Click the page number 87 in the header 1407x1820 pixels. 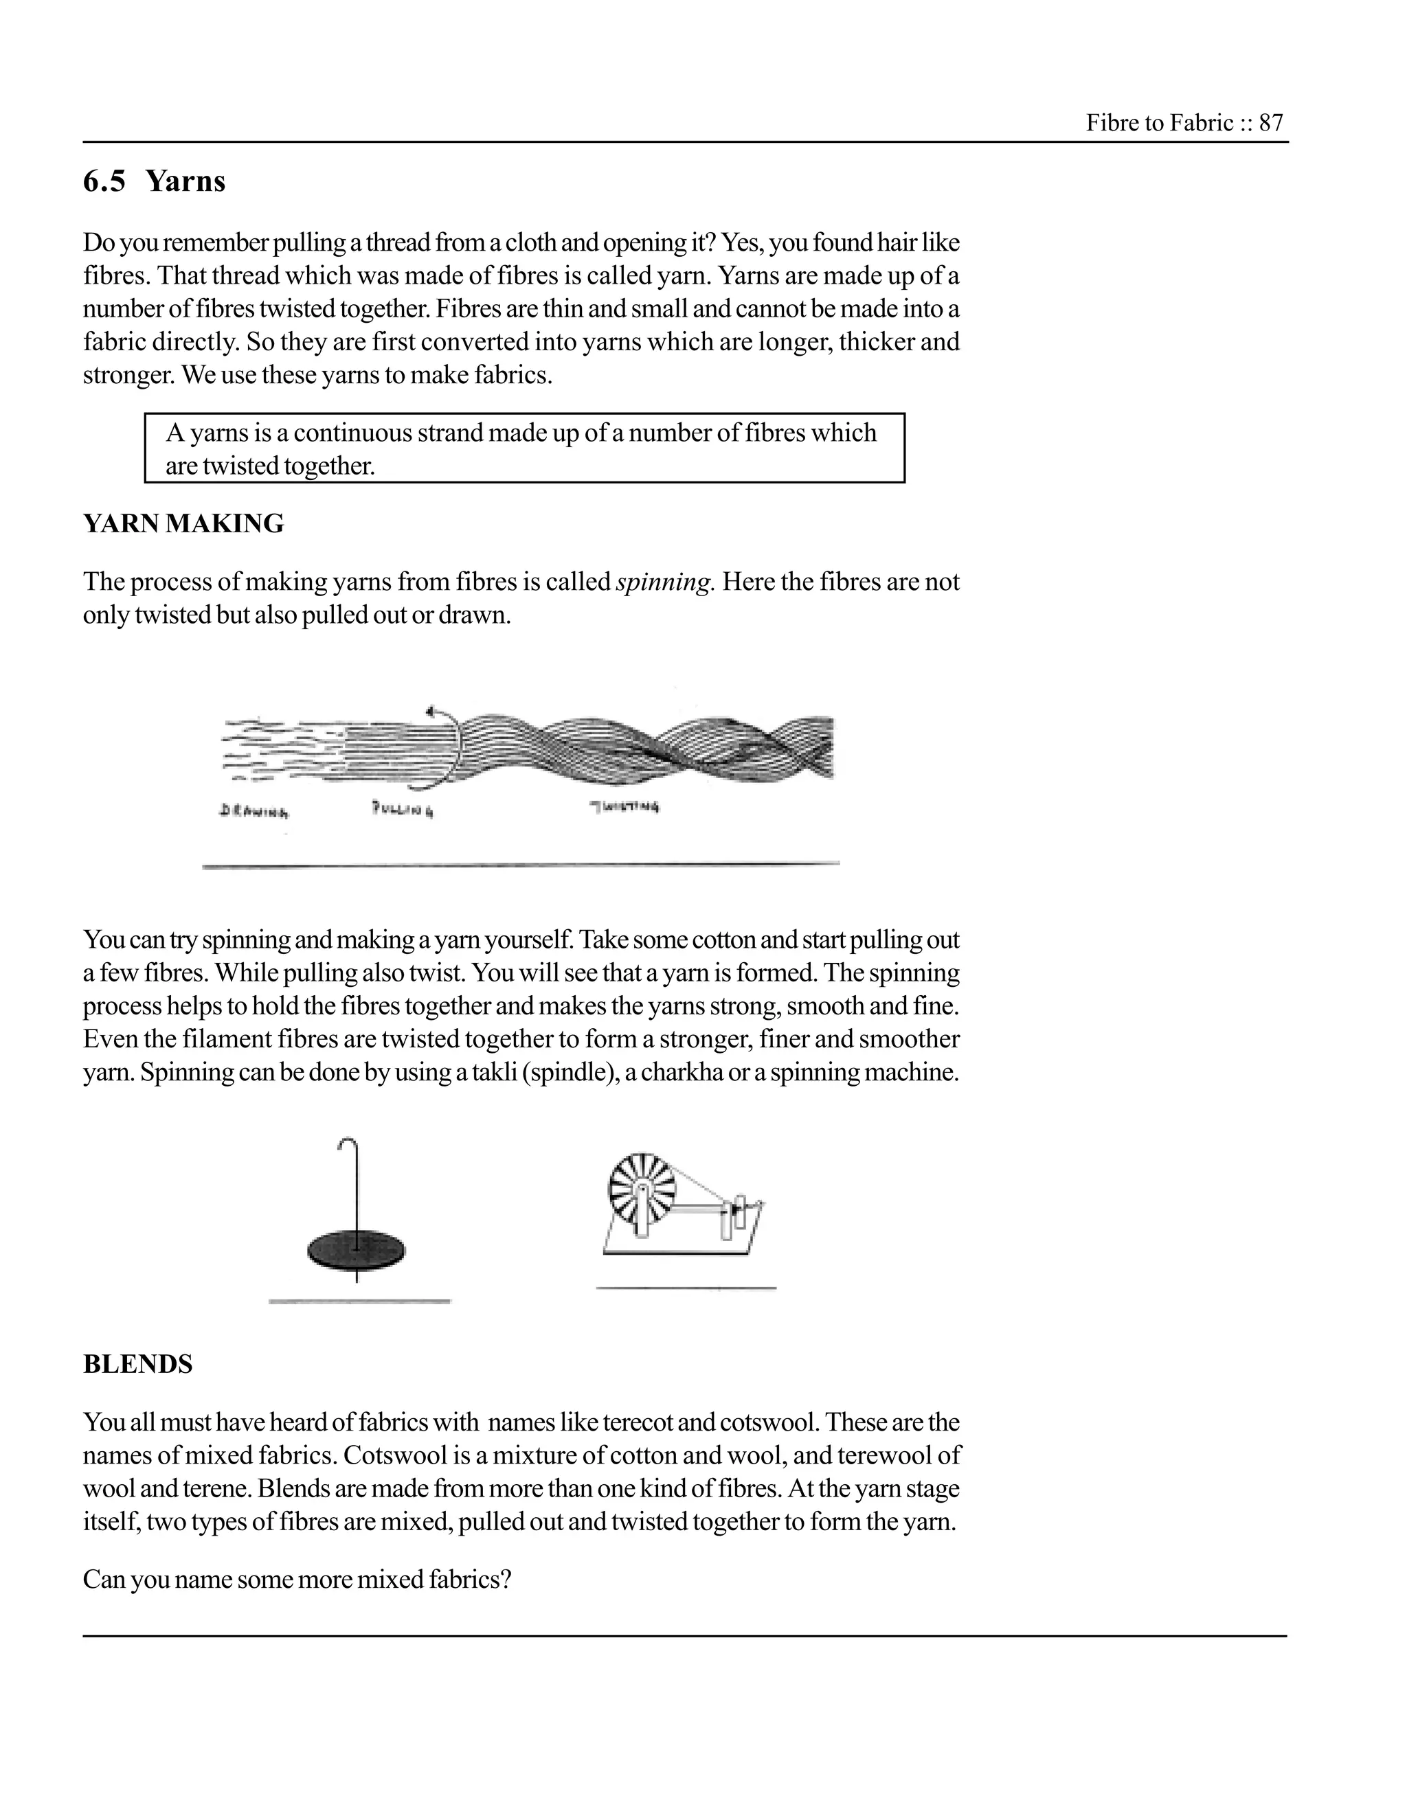(x=1271, y=124)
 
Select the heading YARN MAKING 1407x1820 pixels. (x=183, y=523)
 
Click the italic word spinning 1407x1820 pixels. (x=664, y=582)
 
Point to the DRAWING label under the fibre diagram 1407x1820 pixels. (x=254, y=810)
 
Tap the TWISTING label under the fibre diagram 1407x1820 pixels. (x=625, y=807)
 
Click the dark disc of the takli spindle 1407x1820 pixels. (x=357, y=1250)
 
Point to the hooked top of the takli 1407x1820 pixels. (x=348, y=1144)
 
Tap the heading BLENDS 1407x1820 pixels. (x=137, y=1364)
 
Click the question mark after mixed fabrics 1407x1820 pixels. (x=504, y=1579)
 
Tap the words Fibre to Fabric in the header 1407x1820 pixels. (x=1158, y=124)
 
